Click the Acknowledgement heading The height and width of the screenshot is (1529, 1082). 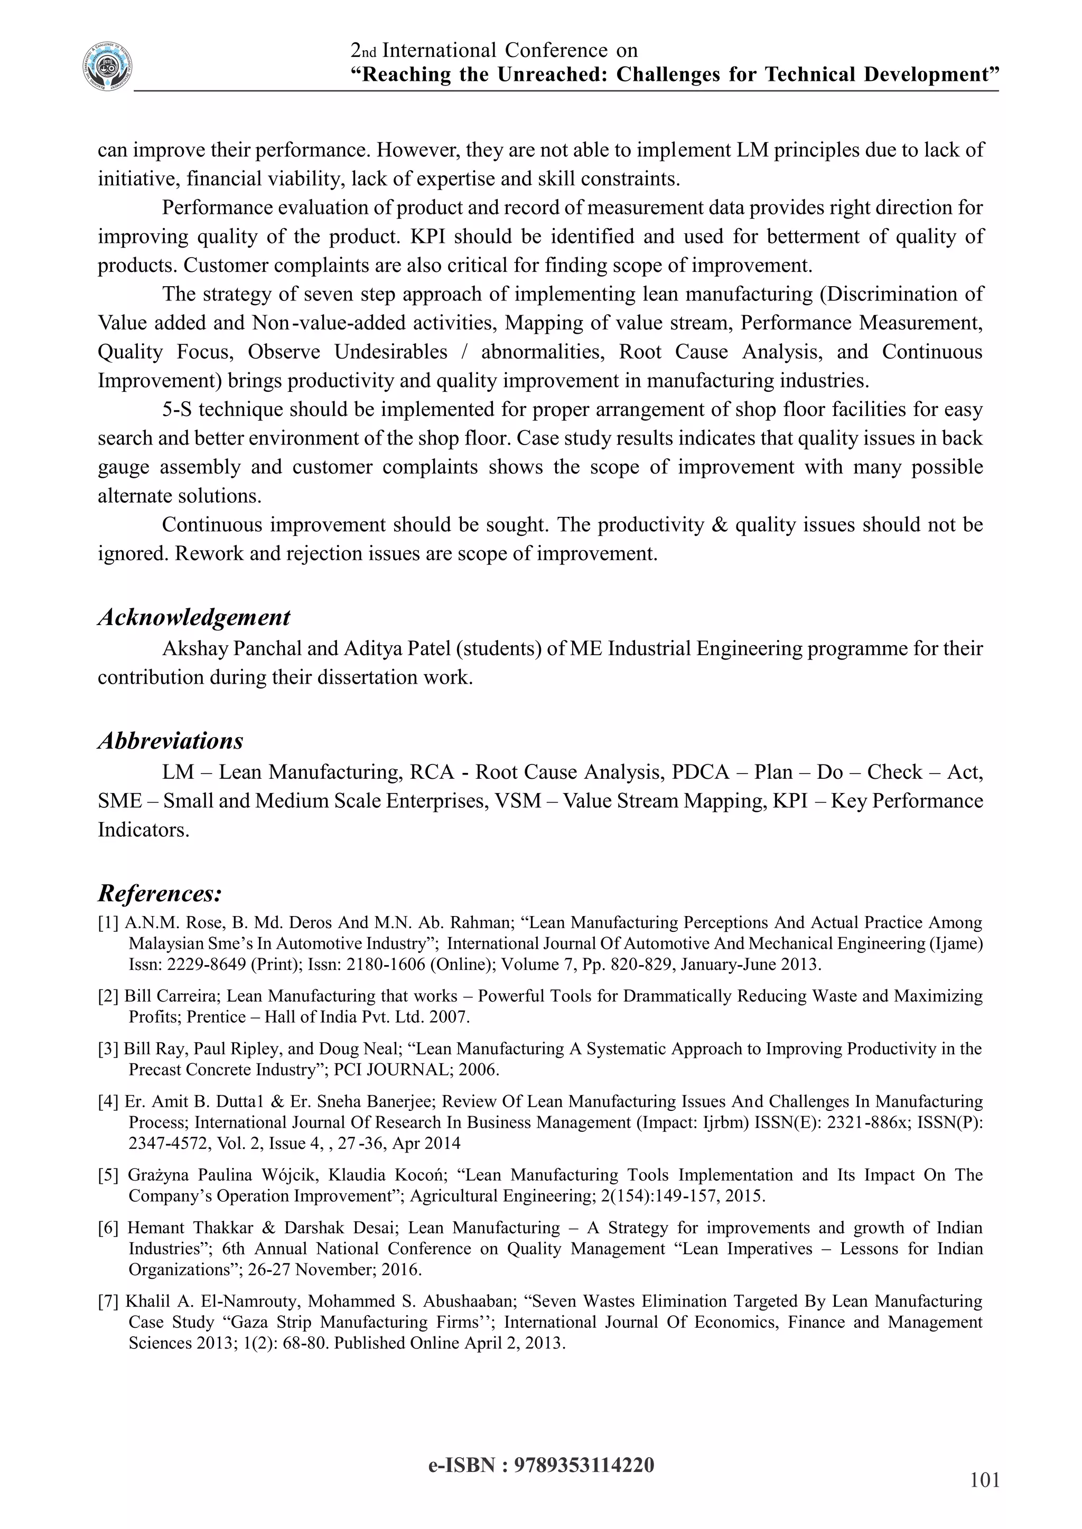(x=194, y=617)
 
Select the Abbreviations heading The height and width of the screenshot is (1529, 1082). (x=171, y=741)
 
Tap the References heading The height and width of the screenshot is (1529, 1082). (x=160, y=892)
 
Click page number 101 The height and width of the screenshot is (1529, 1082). (x=985, y=1480)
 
